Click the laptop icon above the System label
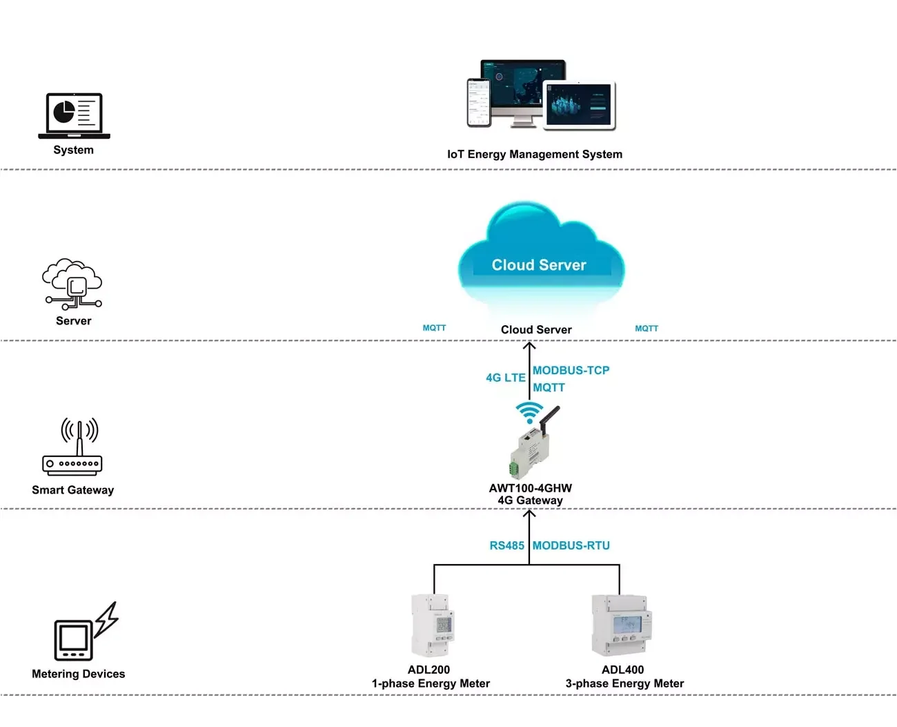coord(74,115)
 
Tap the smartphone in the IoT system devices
coord(479,103)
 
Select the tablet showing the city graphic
coord(578,106)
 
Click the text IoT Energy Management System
coord(534,154)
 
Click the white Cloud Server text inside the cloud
coord(538,265)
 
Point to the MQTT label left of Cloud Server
coord(434,328)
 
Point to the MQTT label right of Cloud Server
coord(646,329)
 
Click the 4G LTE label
coord(505,378)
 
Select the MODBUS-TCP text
coord(571,370)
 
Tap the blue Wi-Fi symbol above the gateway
coord(529,412)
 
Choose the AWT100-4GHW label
coord(530,488)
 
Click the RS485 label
coord(506,545)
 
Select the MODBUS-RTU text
coord(571,545)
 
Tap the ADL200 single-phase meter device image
coord(433,626)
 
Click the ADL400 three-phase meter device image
coord(621,625)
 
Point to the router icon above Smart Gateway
coord(72,448)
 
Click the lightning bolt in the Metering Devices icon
coord(106,619)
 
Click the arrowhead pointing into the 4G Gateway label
coord(529,514)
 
